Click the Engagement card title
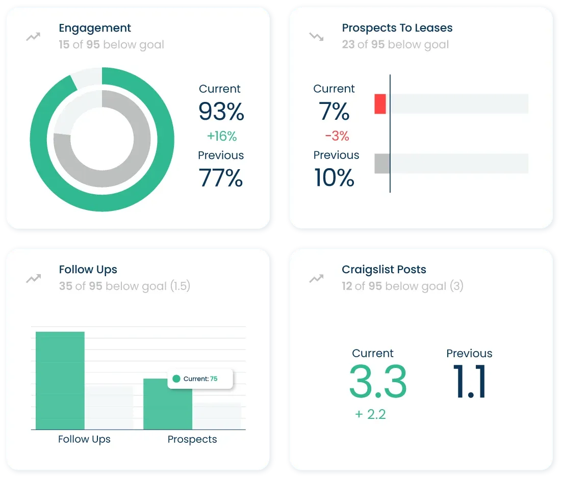click(95, 29)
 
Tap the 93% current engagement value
click(221, 111)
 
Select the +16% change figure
click(222, 136)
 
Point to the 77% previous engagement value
click(221, 178)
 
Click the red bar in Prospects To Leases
click(380, 103)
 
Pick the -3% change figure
click(337, 136)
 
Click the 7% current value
click(334, 111)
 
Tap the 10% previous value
click(334, 178)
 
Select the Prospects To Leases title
click(397, 28)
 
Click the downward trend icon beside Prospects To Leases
click(316, 37)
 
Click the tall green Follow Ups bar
click(60, 380)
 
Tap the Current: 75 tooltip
click(200, 379)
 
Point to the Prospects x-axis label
click(192, 439)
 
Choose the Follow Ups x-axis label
click(84, 439)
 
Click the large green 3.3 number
click(378, 381)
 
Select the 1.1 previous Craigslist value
click(469, 381)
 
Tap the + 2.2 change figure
click(370, 414)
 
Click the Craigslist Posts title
click(384, 270)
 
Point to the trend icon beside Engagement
click(33, 37)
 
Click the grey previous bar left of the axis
click(382, 164)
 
